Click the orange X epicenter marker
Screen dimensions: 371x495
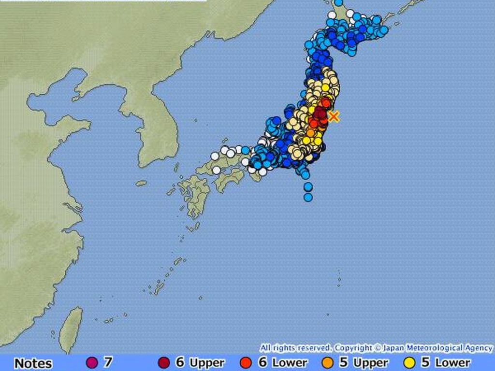[x=334, y=116]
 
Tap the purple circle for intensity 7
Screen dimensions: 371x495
[x=90, y=362]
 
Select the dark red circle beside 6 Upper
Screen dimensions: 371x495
[x=164, y=362]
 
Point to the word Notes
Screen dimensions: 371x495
[x=33, y=363]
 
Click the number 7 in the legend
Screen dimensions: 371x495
[x=107, y=362]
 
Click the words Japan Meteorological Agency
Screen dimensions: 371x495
[x=437, y=348]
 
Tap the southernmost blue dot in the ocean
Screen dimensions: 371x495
[x=308, y=197]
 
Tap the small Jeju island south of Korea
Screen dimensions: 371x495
[x=141, y=183]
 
